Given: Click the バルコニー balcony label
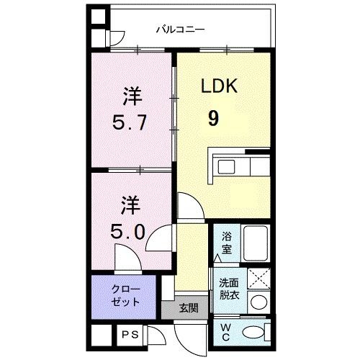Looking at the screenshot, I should pos(180,30).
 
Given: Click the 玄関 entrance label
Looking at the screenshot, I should pos(189,307).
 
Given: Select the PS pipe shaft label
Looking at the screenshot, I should pos(130,334).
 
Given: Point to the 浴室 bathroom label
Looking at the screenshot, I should pos(225,242).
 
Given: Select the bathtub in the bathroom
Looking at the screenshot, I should pos(256,242).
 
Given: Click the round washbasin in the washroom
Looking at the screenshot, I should pos(258,302).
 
